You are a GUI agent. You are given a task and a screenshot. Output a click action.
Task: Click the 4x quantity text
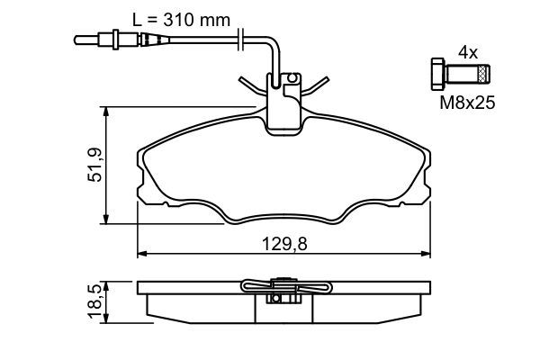click(467, 53)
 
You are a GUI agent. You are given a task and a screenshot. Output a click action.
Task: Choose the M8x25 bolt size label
click(467, 104)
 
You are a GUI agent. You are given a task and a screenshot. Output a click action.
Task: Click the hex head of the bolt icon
click(436, 73)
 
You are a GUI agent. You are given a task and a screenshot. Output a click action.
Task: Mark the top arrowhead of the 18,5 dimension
click(108, 283)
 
